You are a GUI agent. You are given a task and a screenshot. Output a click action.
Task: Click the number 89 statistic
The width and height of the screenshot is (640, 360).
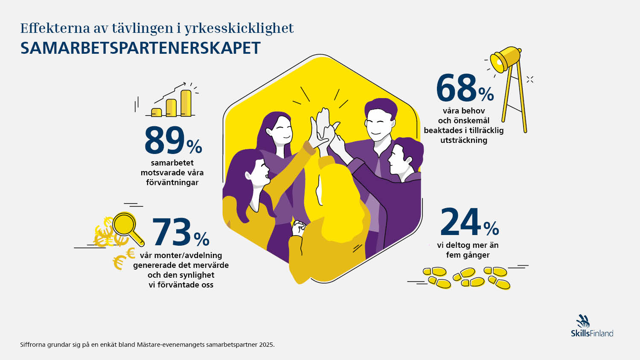coord(164,140)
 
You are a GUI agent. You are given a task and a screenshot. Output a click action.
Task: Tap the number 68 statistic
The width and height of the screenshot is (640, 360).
coord(456,88)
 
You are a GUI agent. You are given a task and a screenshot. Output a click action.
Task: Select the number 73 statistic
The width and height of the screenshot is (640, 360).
coord(172,232)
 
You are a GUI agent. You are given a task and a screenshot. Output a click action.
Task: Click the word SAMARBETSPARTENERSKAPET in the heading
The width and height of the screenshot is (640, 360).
coord(140,48)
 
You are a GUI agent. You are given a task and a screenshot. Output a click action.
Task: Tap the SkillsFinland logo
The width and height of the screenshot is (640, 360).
coord(592,327)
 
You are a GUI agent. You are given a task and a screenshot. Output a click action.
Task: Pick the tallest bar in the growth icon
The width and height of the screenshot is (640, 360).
coord(186,103)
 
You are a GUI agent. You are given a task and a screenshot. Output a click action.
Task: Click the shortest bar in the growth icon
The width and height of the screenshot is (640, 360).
coord(157,112)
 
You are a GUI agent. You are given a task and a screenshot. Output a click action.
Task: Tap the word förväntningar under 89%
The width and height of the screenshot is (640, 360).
coord(172,183)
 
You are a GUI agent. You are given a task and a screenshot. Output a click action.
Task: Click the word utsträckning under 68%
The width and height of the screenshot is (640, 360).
coord(463,140)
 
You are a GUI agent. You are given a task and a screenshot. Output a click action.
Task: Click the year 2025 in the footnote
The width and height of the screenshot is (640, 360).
coord(266,345)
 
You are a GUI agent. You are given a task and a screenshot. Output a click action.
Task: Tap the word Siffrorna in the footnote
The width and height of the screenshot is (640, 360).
coord(33,345)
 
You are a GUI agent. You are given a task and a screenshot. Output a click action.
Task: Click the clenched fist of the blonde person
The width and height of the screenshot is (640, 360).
coord(298,228)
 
